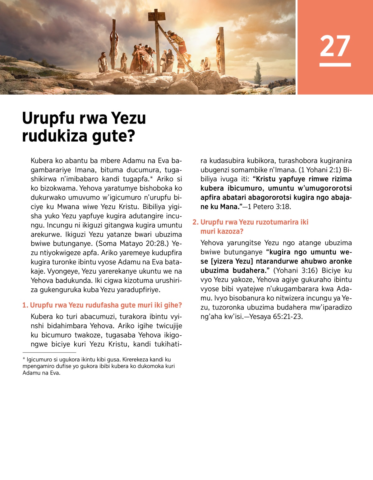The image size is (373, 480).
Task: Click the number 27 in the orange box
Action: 335,46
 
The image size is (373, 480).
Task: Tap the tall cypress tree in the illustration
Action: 258,74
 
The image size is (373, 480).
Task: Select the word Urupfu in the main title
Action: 48,118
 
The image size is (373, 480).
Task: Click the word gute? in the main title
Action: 117,136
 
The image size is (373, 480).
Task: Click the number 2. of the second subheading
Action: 195,222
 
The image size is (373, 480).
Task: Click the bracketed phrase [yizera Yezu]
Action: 232,261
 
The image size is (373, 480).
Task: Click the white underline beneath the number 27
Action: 335,65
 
